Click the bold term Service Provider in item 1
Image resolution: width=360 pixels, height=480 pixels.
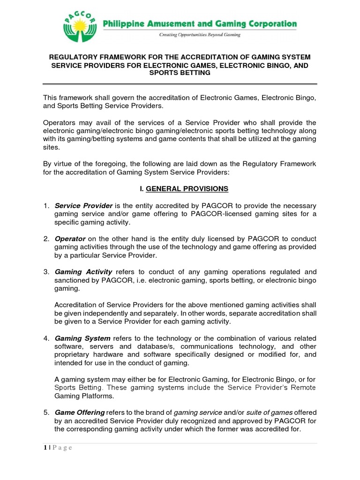pyautogui.click(x=83, y=206)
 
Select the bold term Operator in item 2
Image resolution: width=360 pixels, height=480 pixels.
pyautogui.click(x=70, y=239)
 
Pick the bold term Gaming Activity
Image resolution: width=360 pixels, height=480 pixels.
pyautogui.click(x=83, y=271)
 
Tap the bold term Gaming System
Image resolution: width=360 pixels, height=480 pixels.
pyautogui.click(x=82, y=338)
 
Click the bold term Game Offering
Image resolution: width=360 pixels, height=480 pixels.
pyautogui.click(x=80, y=412)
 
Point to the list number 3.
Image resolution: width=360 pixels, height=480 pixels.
pyautogui.click(x=46, y=271)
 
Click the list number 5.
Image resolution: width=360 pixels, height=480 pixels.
pyautogui.click(x=46, y=412)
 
